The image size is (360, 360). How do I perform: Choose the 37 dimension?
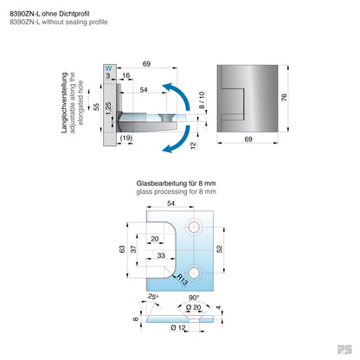[134, 240]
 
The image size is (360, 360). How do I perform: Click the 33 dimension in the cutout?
[162, 256]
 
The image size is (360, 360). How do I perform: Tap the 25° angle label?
[154, 299]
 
